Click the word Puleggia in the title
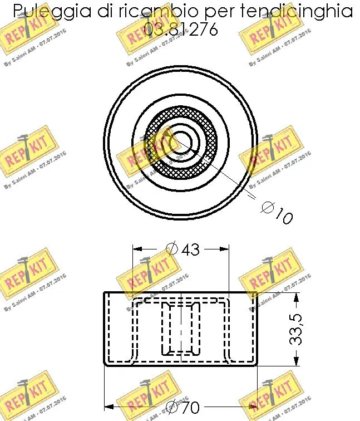pos(47,11)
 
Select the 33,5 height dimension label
pos(296,329)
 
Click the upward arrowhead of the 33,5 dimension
pos(296,296)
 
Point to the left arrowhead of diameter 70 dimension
pos(109,407)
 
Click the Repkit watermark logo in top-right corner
pos(269,36)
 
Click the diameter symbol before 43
pos(171,249)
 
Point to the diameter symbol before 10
pos(268,208)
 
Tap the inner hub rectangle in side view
pos(180,329)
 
